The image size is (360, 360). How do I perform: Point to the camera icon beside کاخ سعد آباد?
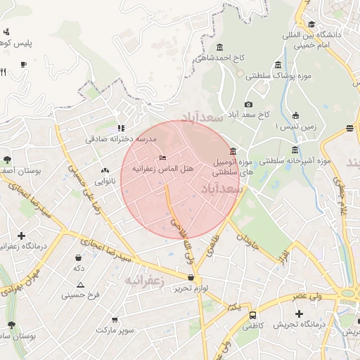point(248,105)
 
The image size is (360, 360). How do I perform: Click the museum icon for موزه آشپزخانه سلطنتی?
point(294,150)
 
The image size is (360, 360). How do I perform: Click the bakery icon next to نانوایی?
point(106,169)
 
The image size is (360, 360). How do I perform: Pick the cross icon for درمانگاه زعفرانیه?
point(21,236)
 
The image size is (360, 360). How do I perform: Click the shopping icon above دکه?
point(77,257)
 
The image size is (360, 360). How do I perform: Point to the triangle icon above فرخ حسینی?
point(80,285)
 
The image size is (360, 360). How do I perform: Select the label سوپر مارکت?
point(115,329)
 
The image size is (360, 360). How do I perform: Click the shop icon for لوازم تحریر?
point(191,278)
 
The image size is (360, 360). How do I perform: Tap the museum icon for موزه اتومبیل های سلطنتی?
point(233,151)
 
